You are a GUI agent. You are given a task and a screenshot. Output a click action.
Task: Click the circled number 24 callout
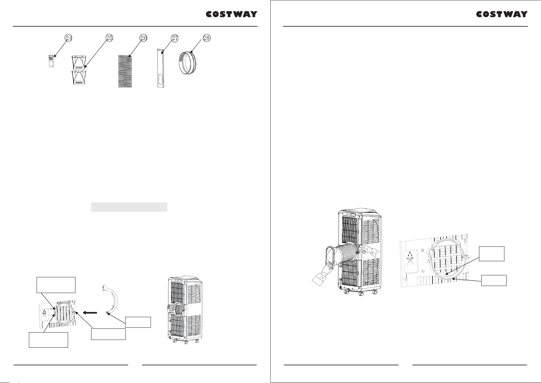point(69,38)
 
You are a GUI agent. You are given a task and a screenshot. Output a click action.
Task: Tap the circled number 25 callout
point(109,38)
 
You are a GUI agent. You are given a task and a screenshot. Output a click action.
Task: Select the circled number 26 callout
point(144,38)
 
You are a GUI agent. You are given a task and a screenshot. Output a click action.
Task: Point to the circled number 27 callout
point(175,38)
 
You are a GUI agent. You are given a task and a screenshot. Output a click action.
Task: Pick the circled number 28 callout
point(207,38)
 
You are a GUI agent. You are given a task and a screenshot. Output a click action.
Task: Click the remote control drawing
point(51,61)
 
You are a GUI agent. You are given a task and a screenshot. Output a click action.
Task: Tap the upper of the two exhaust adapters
point(79,63)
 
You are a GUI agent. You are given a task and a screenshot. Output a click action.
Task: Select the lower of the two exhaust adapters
point(79,77)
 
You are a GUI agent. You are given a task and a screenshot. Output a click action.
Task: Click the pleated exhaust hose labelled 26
point(125,71)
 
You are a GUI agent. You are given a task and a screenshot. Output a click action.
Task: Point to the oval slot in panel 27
point(161,79)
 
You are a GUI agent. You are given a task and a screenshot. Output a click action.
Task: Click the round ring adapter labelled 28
point(188,63)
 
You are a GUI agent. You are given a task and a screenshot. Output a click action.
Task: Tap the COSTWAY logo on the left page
point(231,14)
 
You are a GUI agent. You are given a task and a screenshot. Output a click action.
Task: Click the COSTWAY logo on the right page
point(502,14)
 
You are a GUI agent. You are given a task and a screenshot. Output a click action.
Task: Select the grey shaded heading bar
point(129,207)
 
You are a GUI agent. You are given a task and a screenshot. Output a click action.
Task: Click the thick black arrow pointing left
point(90,313)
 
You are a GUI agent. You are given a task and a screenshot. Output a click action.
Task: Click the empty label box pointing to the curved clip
point(138,322)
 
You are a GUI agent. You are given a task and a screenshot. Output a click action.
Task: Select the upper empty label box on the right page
point(492,254)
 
